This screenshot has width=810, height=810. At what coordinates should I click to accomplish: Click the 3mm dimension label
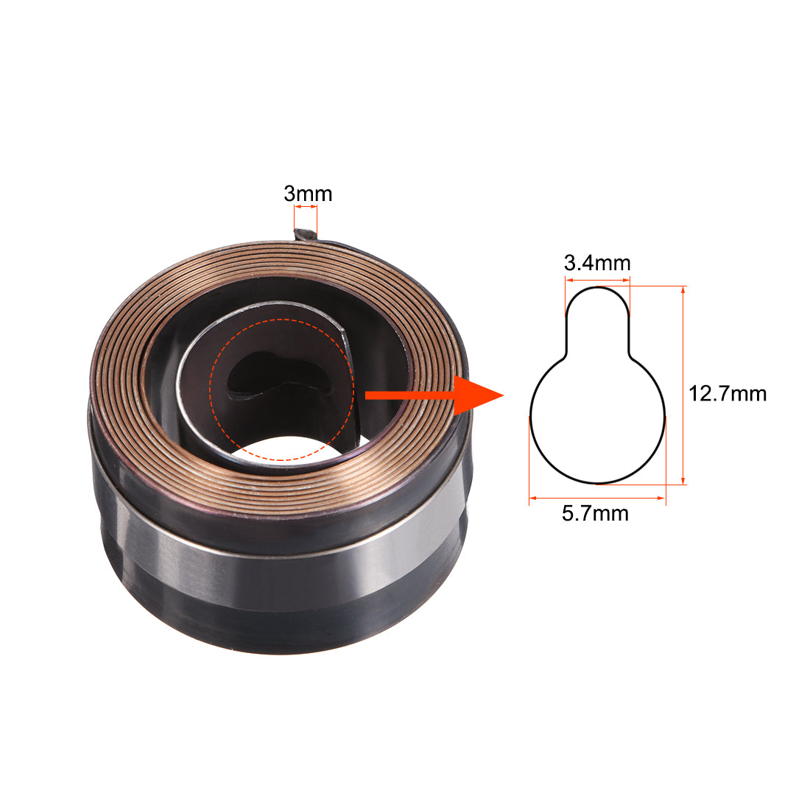(308, 194)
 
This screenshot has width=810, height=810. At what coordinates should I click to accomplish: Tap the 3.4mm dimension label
(596, 263)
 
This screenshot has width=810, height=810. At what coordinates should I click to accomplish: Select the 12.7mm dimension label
(727, 393)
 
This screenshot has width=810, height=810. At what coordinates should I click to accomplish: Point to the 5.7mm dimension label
(595, 513)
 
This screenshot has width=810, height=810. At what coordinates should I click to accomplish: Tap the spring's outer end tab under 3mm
(305, 235)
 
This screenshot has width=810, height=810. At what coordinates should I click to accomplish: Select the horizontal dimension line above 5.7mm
(596, 499)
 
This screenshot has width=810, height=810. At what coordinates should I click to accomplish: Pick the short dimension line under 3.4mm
(597, 280)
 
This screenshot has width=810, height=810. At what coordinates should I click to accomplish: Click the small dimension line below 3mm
(306, 208)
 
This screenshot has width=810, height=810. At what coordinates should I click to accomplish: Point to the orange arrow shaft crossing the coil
(405, 395)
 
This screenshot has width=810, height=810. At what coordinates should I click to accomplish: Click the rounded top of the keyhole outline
(597, 288)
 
